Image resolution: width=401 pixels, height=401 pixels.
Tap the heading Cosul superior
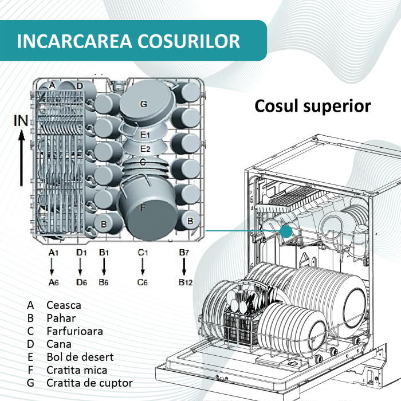tap(312, 106)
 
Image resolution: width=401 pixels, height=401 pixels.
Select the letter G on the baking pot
tap(143, 104)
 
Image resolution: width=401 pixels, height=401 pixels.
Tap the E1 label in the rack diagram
tap(145, 135)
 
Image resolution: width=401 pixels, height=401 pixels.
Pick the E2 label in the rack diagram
tap(145, 149)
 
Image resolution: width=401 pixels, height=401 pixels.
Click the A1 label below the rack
tap(53, 253)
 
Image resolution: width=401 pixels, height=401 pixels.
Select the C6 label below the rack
tap(143, 282)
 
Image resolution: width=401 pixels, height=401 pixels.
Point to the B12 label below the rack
tap(184, 282)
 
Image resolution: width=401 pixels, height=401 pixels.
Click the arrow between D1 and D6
tap(80, 267)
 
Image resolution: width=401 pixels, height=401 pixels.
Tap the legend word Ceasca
tap(64, 305)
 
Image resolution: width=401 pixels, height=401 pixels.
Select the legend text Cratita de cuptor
tap(89, 383)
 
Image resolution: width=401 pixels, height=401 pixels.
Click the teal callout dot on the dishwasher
tap(286, 231)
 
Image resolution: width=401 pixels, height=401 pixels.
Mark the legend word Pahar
tap(61, 318)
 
